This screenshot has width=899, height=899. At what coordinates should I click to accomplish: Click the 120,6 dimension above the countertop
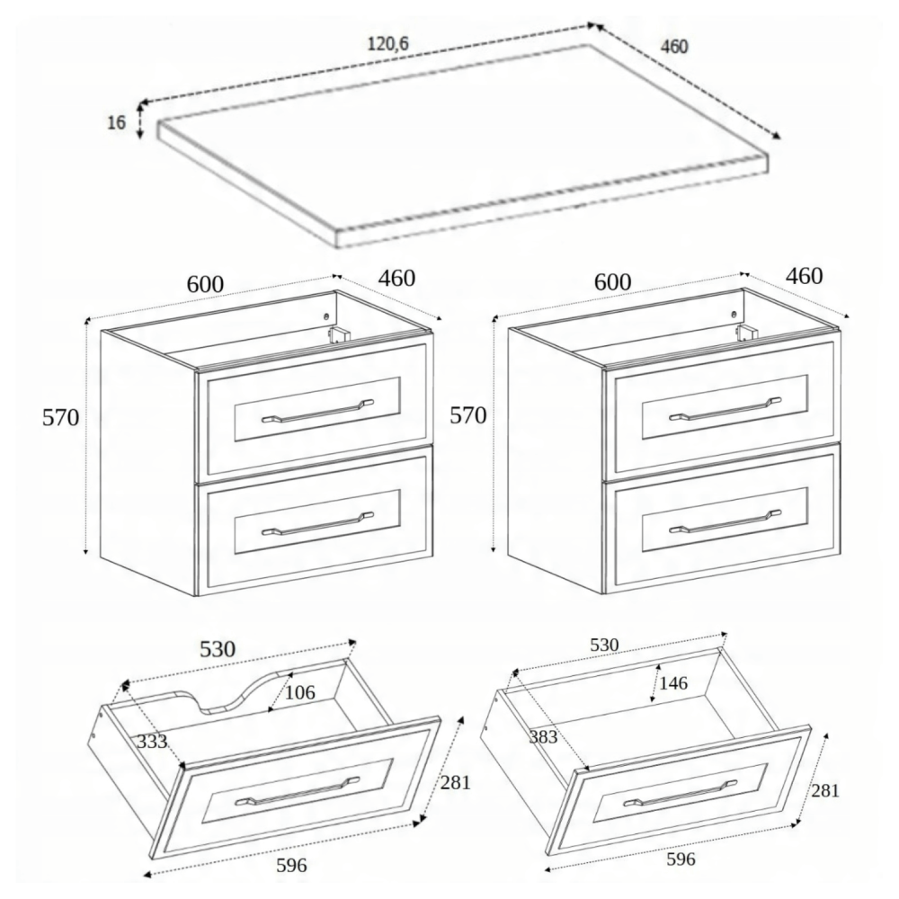click(x=387, y=43)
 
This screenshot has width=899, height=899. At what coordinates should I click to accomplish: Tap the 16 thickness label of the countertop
click(x=116, y=122)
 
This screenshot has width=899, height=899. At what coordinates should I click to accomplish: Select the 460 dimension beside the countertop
click(x=674, y=47)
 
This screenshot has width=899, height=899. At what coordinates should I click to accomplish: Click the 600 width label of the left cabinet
click(x=205, y=284)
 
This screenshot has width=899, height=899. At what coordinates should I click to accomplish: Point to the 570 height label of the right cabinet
click(x=467, y=415)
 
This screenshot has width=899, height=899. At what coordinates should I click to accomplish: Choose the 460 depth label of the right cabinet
click(x=804, y=276)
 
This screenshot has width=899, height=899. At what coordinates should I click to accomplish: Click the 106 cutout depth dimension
click(x=300, y=692)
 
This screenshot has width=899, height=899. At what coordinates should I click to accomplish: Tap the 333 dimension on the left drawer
click(x=152, y=742)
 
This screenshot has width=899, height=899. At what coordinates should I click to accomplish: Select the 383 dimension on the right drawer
click(x=543, y=737)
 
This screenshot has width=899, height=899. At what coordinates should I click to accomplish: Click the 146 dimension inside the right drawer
click(x=673, y=683)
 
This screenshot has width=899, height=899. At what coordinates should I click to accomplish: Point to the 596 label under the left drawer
click(x=291, y=865)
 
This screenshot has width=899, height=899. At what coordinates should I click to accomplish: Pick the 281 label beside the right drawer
click(x=825, y=790)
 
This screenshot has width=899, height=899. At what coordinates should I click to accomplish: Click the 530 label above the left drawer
click(x=218, y=649)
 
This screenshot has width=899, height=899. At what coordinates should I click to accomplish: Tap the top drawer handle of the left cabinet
click(x=317, y=411)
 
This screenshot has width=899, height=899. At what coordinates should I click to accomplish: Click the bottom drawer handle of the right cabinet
click(x=725, y=521)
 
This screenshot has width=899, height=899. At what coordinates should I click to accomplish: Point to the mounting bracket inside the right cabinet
click(x=746, y=333)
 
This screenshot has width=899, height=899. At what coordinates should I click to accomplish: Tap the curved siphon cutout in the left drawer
click(x=243, y=693)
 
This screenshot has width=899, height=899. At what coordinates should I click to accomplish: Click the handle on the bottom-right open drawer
click(x=680, y=794)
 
